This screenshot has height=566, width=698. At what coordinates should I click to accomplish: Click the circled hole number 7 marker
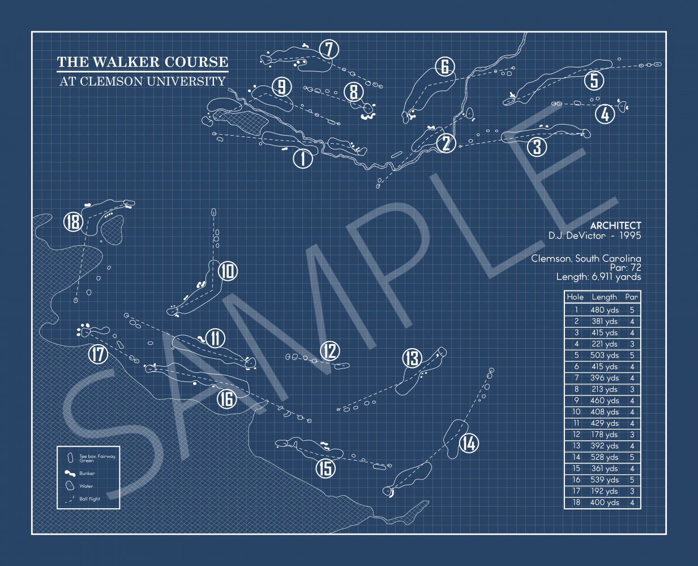click(329, 49)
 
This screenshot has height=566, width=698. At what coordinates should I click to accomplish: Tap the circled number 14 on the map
click(469, 443)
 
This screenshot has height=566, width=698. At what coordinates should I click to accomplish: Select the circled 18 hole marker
click(73, 221)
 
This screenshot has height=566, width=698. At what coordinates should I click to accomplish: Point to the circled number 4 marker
click(605, 114)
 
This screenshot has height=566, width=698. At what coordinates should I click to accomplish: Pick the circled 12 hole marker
click(329, 351)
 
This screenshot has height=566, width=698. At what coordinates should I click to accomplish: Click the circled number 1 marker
click(302, 158)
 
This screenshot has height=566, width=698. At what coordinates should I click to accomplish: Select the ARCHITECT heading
click(615, 225)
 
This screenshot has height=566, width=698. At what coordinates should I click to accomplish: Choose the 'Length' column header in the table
click(604, 297)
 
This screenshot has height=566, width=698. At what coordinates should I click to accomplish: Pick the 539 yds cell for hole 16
click(605, 480)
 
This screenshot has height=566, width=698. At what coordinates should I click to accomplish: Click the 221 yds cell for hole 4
click(605, 344)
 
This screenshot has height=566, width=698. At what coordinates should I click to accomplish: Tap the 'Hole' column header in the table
click(575, 297)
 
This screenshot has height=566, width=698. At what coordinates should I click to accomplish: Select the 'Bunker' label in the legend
click(87, 473)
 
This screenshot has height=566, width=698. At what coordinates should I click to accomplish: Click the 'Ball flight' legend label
click(89, 499)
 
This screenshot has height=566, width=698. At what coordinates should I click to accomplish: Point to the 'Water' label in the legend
click(86, 486)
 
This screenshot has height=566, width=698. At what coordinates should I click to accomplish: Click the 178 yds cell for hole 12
click(605, 435)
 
